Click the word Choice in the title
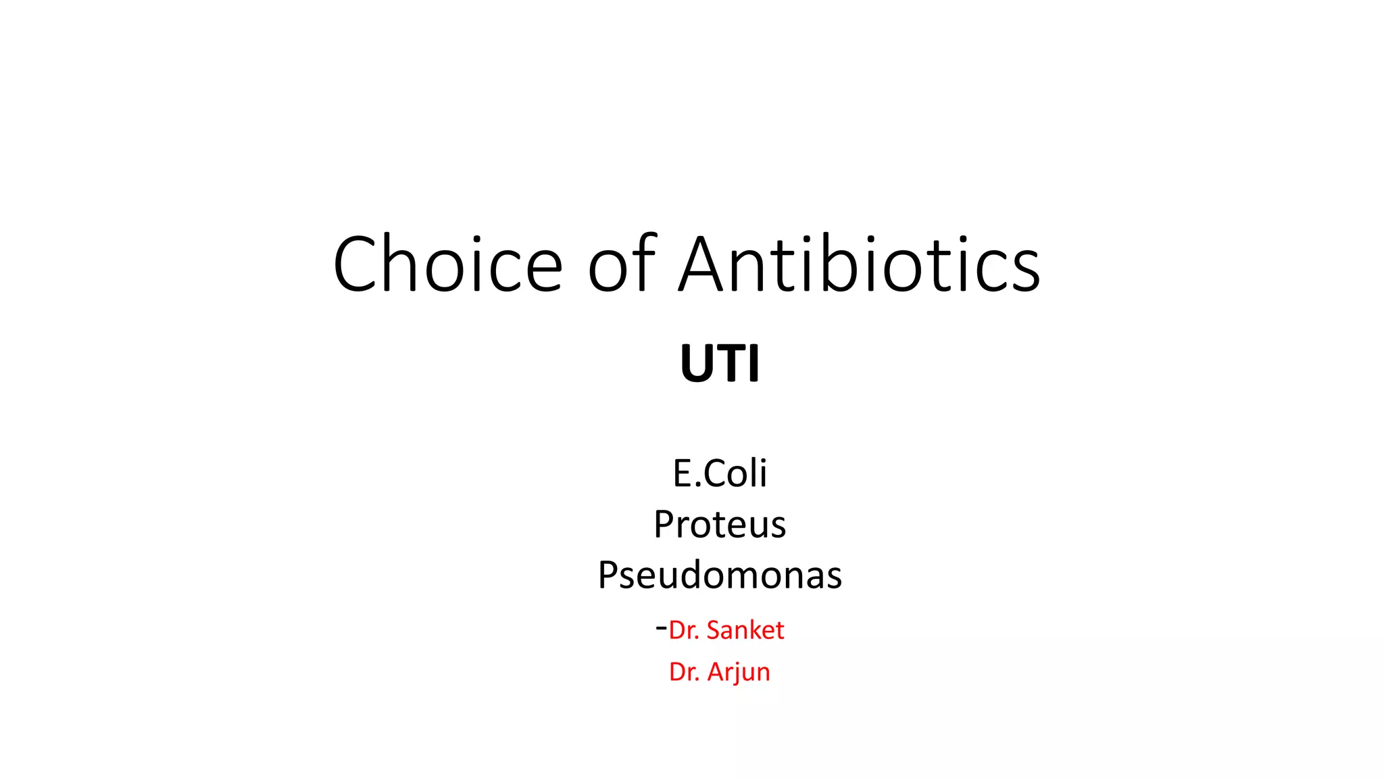[x=447, y=264]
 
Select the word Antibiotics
[x=860, y=264]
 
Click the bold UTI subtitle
[x=720, y=364]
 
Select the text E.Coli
[x=720, y=473]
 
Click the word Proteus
[x=720, y=524]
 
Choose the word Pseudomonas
[x=720, y=575]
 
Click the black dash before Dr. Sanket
[x=661, y=628]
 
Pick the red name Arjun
[x=739, y=672]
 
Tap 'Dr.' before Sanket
[x=684, y=630]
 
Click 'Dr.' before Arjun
[x=684, y=672]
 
